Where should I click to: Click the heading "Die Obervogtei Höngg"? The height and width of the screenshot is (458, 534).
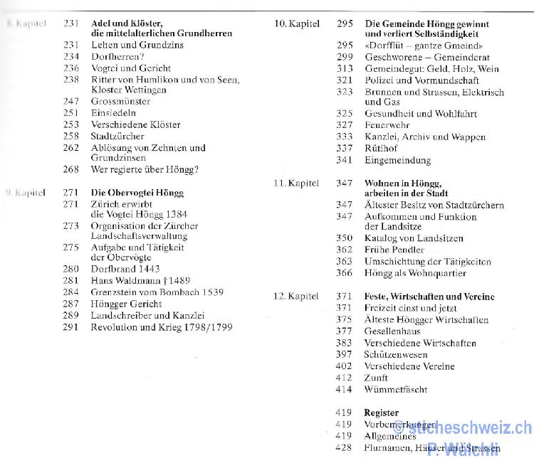[137, 193]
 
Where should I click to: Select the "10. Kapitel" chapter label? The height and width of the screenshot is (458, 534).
[297, 23]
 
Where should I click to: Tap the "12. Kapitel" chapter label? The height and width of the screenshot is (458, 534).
[296, 297]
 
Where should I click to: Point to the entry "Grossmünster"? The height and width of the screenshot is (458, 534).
[120, 102]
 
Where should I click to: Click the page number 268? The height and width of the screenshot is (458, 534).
[70, 170]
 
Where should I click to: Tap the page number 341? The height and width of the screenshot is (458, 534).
[345, 160]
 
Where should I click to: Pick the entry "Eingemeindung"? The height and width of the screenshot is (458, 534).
[397, 160]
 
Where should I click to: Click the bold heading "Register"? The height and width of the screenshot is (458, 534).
[381, 412]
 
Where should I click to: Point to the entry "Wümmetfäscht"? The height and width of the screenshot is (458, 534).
[396, 389]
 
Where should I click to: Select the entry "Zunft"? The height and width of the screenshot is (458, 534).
[376, 378]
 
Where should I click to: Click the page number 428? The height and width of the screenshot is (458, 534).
[344, 448]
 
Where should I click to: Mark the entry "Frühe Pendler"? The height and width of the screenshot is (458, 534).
[394, 250]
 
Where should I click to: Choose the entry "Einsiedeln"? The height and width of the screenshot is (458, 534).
[113, 112]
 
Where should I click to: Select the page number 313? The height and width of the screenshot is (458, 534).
[345, 69]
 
